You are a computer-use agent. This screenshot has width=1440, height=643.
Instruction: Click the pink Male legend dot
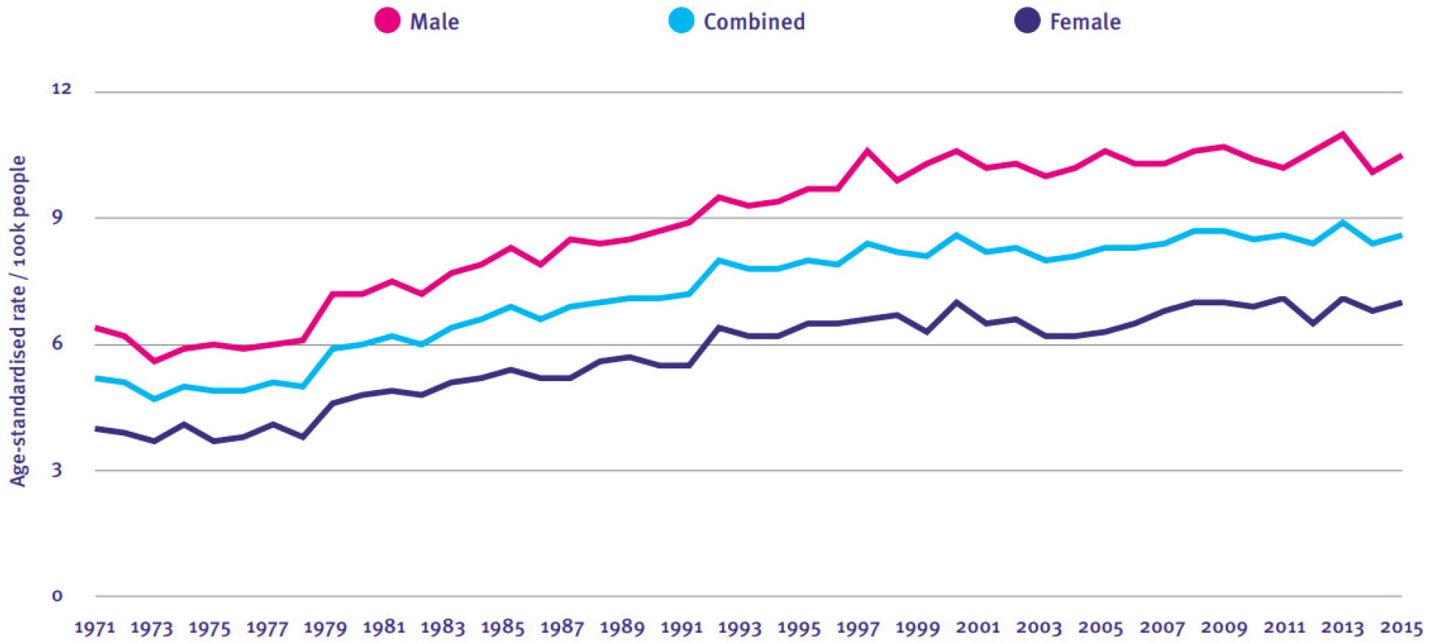coord(387,21)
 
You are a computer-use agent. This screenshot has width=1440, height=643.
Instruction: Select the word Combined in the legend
coord(754,22)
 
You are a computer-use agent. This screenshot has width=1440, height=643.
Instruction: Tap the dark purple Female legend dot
coord(1027,21)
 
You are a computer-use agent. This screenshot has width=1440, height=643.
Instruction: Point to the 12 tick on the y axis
coord(61,89)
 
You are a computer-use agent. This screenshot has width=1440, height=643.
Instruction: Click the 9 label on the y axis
coord(57,217)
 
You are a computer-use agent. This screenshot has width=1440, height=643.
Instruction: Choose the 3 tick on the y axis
coord(57,470)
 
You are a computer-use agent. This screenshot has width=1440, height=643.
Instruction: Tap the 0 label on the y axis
coord(57,595)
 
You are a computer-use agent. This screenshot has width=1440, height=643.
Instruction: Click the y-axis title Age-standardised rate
coord(18,320)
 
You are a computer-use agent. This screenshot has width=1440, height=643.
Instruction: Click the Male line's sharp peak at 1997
coord(867,150)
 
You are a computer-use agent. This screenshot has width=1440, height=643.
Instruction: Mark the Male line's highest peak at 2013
coord(1342,134)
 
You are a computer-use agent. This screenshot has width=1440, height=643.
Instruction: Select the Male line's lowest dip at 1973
coord(154,362)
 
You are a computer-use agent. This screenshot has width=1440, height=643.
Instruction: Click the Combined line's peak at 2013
coord(1342,222)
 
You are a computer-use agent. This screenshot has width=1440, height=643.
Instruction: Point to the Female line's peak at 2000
coord(956,302)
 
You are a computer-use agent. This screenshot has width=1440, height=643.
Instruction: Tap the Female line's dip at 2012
coord(1313,324)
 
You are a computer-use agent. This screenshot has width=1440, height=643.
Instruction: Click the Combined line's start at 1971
coord(97,378)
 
